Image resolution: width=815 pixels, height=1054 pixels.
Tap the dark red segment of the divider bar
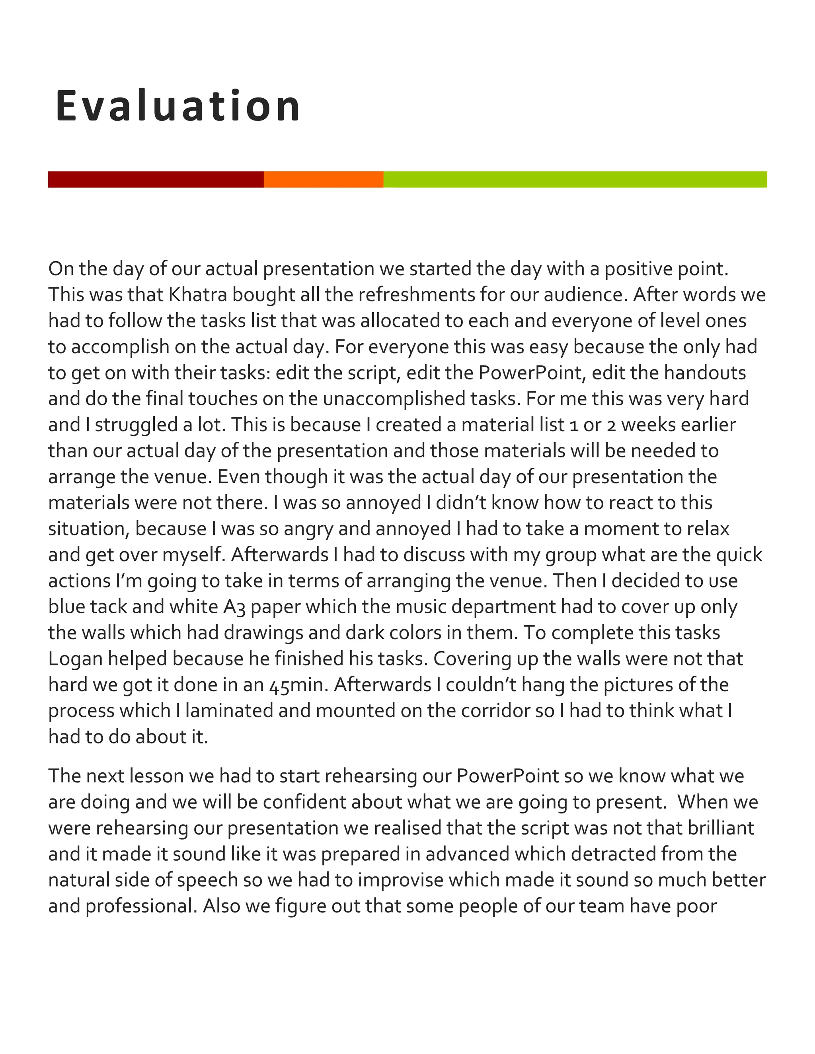click(156, 179)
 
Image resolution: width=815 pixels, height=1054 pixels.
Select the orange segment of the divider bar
click(324, 179)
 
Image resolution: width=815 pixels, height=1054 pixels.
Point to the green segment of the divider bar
click(575, 179)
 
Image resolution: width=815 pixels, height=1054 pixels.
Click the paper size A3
click(234, 607)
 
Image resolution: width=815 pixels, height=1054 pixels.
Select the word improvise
click(400, 880)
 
